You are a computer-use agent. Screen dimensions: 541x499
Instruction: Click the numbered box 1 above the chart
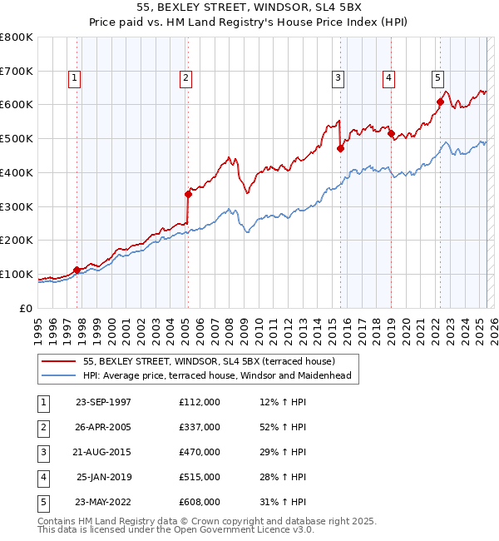coord(74,78)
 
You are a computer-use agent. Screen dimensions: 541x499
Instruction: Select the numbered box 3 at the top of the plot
coord(339,78)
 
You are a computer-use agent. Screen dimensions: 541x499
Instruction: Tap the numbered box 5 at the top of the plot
coord(437,78)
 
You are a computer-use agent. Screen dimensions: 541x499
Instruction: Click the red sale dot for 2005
coord(188,194)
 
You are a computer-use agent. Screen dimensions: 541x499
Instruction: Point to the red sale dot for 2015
coord(340,149)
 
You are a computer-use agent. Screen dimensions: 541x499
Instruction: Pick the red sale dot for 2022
coord(440,102)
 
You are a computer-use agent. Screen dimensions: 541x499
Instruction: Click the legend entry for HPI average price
coord(217,375)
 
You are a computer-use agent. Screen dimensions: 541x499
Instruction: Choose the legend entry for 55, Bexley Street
coord(208,361)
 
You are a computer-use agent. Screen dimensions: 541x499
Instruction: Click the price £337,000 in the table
coord(200,427)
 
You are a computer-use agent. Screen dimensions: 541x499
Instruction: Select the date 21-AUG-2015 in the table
coord(103,452)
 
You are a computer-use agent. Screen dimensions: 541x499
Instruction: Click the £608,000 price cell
coord(200,502)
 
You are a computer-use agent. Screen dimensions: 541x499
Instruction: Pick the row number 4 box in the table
coord(42,477)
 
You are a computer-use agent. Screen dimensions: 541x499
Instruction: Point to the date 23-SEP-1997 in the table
coord(103,402)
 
